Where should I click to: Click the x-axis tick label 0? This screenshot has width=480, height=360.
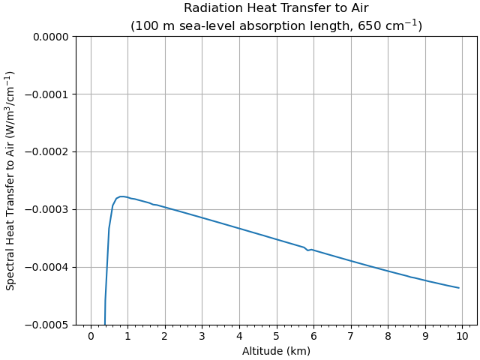point(91,337)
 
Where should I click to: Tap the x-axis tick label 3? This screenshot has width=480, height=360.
point(202,337)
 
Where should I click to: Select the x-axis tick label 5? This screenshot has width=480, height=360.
point(277,337)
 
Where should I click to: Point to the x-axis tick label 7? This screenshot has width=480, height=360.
point(351,337)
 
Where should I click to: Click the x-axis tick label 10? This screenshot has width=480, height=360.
point(462,337)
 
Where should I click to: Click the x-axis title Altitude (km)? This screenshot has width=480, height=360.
point(276,351)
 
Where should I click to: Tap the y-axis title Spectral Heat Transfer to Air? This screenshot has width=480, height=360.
point(10,181)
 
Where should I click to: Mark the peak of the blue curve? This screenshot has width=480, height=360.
point(122,196)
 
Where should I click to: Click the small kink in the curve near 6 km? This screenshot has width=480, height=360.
point(308,250)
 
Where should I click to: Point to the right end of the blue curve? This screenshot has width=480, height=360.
point(459,288)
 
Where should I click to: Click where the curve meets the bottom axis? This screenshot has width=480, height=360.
point(105,324)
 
